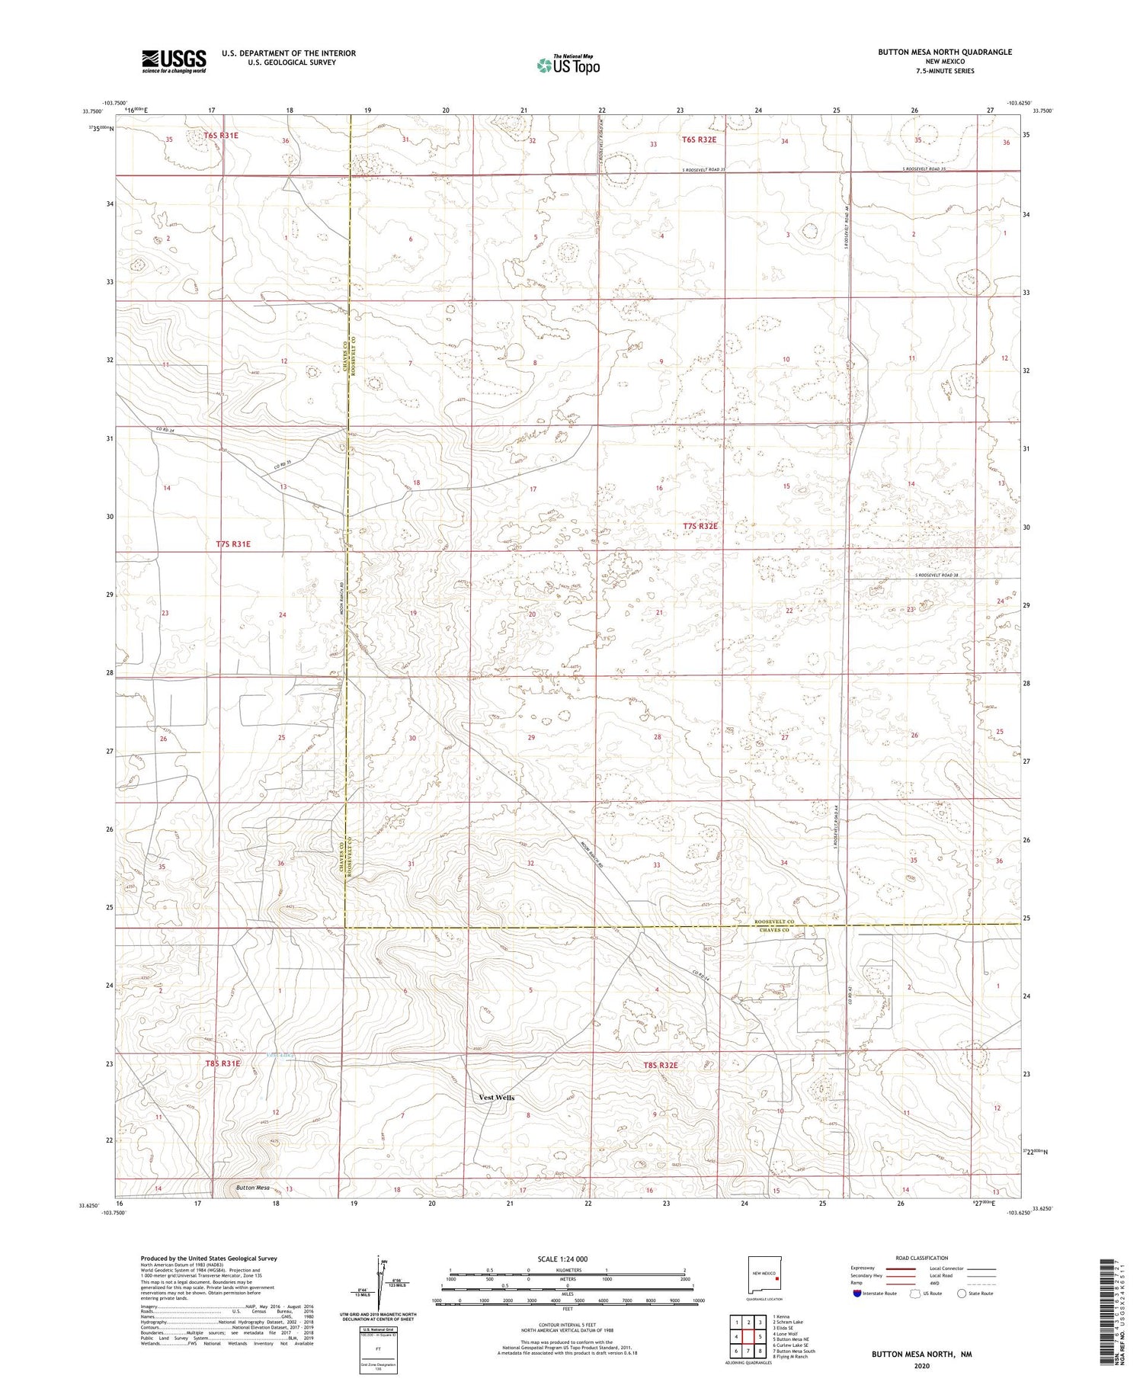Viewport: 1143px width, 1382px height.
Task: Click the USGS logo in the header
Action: click(174, 61)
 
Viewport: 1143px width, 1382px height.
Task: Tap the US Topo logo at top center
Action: click(568, 65)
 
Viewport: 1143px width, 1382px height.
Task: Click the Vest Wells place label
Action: click(496, 1098)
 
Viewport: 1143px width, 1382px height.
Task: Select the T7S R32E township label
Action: click(700, 526)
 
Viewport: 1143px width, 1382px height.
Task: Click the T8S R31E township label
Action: click(223, 1063)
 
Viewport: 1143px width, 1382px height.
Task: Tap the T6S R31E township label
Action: click(221, 135)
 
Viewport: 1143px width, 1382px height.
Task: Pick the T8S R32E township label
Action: click(660, 1065)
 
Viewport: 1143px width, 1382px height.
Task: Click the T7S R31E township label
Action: click(232, 544)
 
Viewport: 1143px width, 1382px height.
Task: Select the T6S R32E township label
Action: click(699, 139)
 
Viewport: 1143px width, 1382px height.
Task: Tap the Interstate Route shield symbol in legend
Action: click(856, 1294)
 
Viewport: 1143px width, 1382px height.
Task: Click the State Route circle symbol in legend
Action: click(962, 1294)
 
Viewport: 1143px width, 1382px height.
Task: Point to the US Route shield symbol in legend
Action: click(915, 1294)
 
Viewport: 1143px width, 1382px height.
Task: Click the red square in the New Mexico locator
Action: click(777, 1280)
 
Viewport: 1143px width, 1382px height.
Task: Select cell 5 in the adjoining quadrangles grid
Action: click(760, 1337)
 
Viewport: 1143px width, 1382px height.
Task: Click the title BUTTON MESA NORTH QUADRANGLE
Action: click(945, 52)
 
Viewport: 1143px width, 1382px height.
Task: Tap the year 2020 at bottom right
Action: click(922, 1365)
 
